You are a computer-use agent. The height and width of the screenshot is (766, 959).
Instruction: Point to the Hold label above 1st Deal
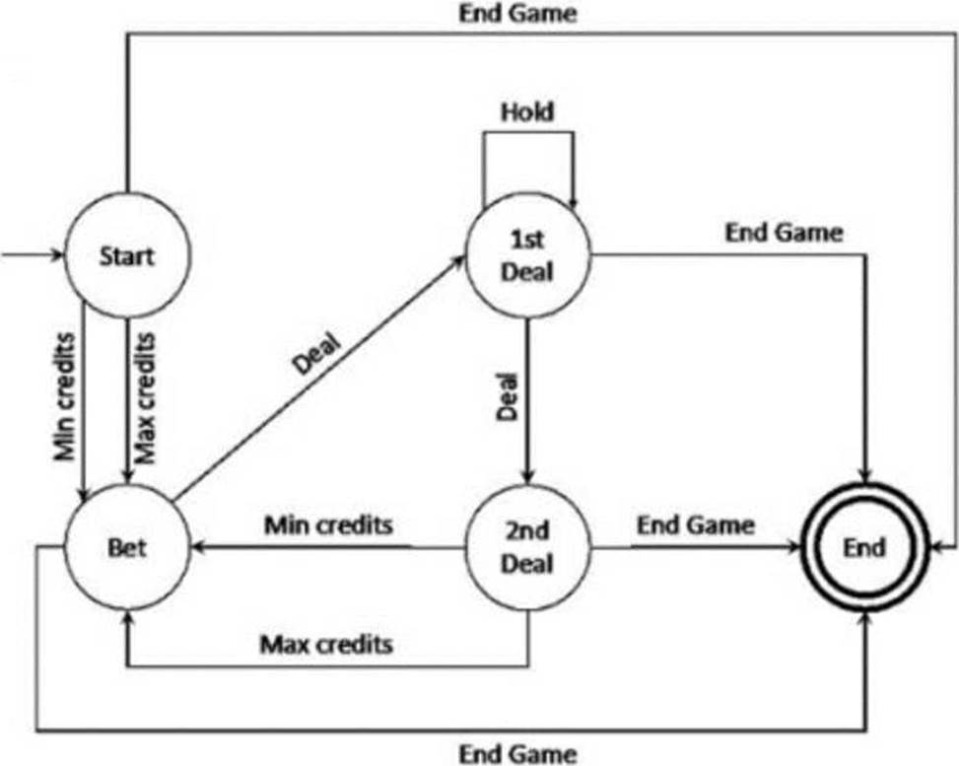(x=527, y=112)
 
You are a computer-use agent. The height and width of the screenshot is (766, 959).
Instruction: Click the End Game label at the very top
(x=517, y=14)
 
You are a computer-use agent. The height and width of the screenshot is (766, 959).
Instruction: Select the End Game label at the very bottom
(x=517, y=754)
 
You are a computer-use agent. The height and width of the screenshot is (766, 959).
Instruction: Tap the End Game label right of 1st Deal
(x=785, y=233)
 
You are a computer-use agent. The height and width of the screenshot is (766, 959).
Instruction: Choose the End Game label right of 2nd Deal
(x=696, y=524)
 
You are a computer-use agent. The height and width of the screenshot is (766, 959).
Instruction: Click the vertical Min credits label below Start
(x=64, y=396)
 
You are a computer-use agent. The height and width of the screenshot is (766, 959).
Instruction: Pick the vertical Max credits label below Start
(x=145, y=398)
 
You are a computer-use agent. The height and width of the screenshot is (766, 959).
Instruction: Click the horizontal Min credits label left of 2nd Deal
(x=328, y=524)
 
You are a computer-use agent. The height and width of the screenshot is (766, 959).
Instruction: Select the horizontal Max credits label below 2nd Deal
(x=326, y=644)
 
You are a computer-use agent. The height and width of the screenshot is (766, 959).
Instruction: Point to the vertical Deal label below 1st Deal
(x=507, y=397)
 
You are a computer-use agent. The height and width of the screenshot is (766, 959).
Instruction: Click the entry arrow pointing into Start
(x=32, y=254)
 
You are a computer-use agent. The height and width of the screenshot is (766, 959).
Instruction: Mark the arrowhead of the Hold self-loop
(x=573, y=202)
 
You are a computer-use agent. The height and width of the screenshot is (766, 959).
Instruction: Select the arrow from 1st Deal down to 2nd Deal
(x=528, y=401)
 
